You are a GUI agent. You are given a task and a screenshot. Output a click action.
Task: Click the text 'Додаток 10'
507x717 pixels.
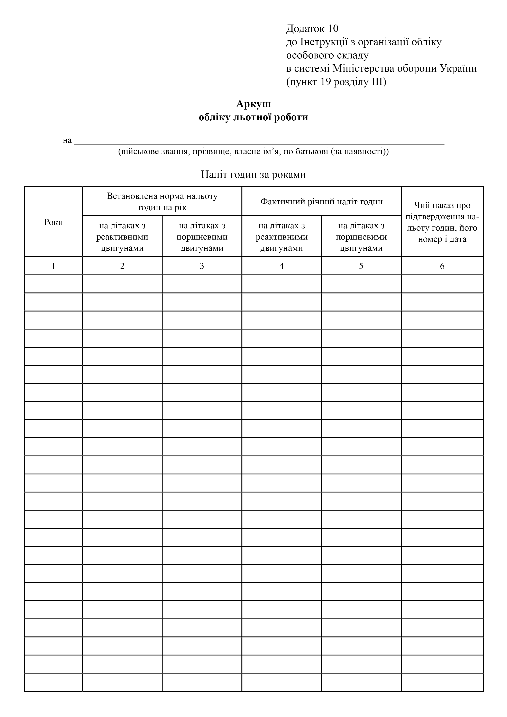[x=312, y=29]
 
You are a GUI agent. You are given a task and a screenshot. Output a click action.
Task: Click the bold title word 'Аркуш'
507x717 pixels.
[x=253, y=104]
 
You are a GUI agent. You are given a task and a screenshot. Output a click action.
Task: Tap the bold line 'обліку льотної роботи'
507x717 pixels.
[x=253, y=117]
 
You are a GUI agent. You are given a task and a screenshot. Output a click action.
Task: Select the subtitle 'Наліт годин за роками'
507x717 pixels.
[x=253, y=174]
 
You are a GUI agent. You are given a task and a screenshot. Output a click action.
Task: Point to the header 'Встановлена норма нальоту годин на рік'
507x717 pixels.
[x=162, y=202]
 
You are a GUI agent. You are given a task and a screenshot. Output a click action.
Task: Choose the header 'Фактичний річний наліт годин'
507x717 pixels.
[x=321, y=202]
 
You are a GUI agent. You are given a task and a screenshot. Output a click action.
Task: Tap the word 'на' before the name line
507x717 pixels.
[x=67, y=141]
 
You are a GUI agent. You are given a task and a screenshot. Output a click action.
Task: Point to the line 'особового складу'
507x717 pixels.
[x=327, y=55]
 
